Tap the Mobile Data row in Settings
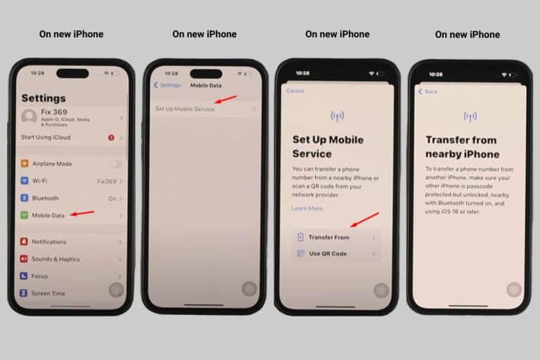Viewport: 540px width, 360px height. [49, 215]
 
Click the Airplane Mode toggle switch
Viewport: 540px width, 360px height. [115, 164]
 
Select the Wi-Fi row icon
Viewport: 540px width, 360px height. [25, 181]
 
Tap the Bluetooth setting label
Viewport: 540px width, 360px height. [46, 198]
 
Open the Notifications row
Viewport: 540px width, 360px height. [49, 242]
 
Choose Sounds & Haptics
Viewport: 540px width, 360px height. [55, 259]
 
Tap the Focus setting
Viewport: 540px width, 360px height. [39, 276]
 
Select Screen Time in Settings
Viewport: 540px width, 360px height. [48, 293]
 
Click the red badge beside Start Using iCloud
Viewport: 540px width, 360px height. [111, 138]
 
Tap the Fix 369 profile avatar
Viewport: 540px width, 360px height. [29, 117]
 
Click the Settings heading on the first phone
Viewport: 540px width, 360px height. [44, 98]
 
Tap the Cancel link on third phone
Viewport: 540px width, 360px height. [295, 91]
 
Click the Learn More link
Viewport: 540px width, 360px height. [309, 209]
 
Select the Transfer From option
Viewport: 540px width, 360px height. [328, 238]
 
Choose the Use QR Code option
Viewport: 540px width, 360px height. [328, 254]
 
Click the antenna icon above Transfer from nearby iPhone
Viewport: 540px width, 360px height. [470, 116]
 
